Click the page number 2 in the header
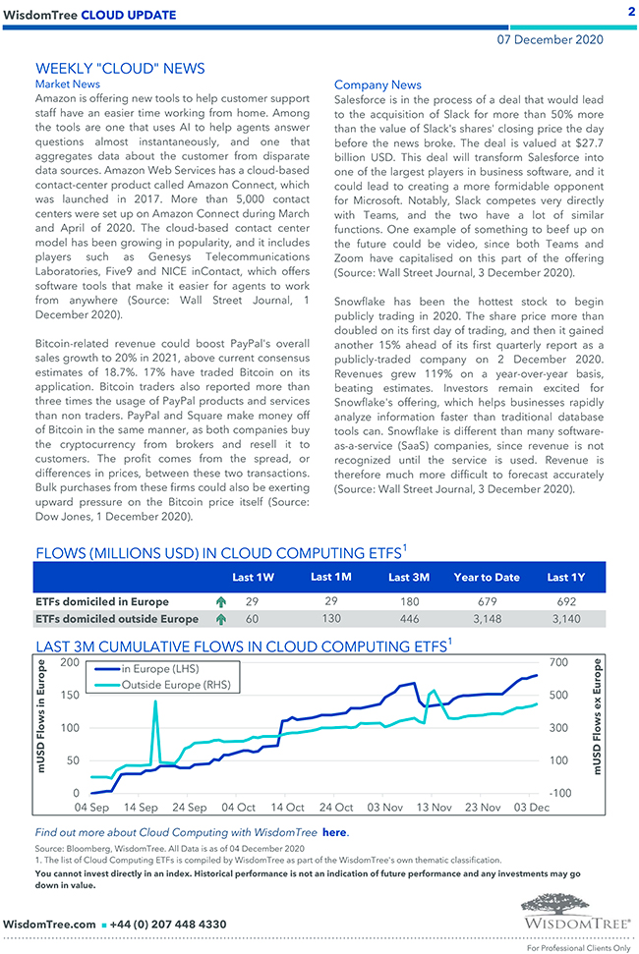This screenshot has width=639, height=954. tap(630, 11)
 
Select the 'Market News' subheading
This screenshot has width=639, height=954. tap(67, 84)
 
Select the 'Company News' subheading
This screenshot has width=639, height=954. tap(378, 85)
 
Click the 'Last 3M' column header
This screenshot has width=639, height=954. tap(409, 577)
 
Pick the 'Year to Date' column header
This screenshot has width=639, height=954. tap(487, 577)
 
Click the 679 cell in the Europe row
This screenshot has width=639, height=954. tap(487, 600)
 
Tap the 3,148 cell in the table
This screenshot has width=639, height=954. tap(487, 619)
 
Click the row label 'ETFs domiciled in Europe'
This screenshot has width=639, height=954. tap(101, 601)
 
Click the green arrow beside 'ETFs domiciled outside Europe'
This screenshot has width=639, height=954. tap(220, 619)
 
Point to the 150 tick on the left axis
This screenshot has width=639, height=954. tap(70, 696)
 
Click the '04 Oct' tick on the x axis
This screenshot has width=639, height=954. tap(238, 808)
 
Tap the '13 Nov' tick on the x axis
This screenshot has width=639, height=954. tap(434, 808)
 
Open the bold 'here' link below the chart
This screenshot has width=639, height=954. tap(334, 832)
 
